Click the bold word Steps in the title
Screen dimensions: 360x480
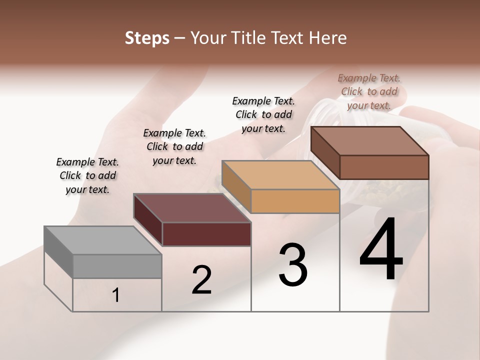[x=147, y=38]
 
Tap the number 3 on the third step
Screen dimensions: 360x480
[x=293, y=265]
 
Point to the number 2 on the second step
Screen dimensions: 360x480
[x=202, y=280]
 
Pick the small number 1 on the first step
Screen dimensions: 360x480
[x=116, y=295]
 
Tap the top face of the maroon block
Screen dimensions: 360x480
[x=192, y=208]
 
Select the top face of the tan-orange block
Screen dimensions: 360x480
[x=280, y=175]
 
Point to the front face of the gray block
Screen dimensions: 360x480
[x=117, y=266]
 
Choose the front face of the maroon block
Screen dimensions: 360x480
[x=206, y=234]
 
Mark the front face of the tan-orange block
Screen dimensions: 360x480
[x=295, y=201]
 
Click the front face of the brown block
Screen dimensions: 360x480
[x=384, y=167]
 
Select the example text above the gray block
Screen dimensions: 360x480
[x=87, y=175]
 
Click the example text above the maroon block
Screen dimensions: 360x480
[x=174, y=146]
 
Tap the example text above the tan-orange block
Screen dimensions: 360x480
[x=263, y=114]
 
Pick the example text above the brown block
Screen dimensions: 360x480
[x=369, y=91]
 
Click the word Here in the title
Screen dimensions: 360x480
[x=328, y=38]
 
